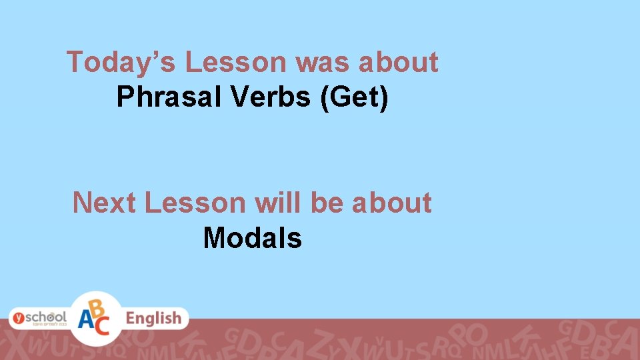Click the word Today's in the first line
coord(121,63)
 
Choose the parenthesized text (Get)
coord(355,97)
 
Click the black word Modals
coord(253,237)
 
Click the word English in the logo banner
coord(153,319)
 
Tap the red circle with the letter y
coord(19,317)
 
